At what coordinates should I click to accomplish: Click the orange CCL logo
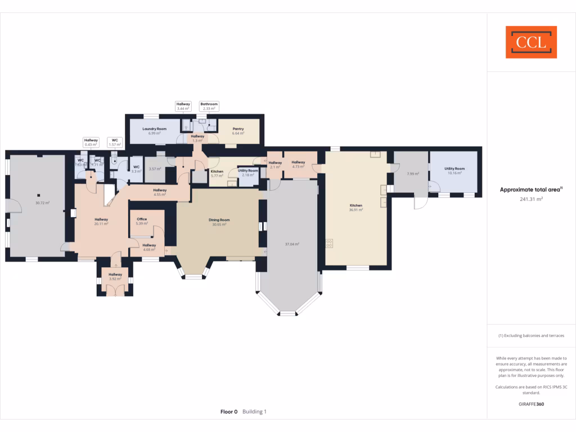(x=531, y=42)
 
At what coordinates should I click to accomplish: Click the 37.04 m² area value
(x=292, y=244)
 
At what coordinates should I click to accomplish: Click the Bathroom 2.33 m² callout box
(x=209, y=106)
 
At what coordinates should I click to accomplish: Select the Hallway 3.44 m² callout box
(x=184, y=106)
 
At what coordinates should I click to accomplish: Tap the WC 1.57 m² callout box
(x=115, y=142)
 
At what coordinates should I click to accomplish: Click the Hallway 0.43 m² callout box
(x=91, y=142)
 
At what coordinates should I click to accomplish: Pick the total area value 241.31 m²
(x=531, y=199)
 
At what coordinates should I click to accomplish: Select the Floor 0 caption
(x=229, y=412)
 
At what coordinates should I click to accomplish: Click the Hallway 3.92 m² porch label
(x=115, y=276)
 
